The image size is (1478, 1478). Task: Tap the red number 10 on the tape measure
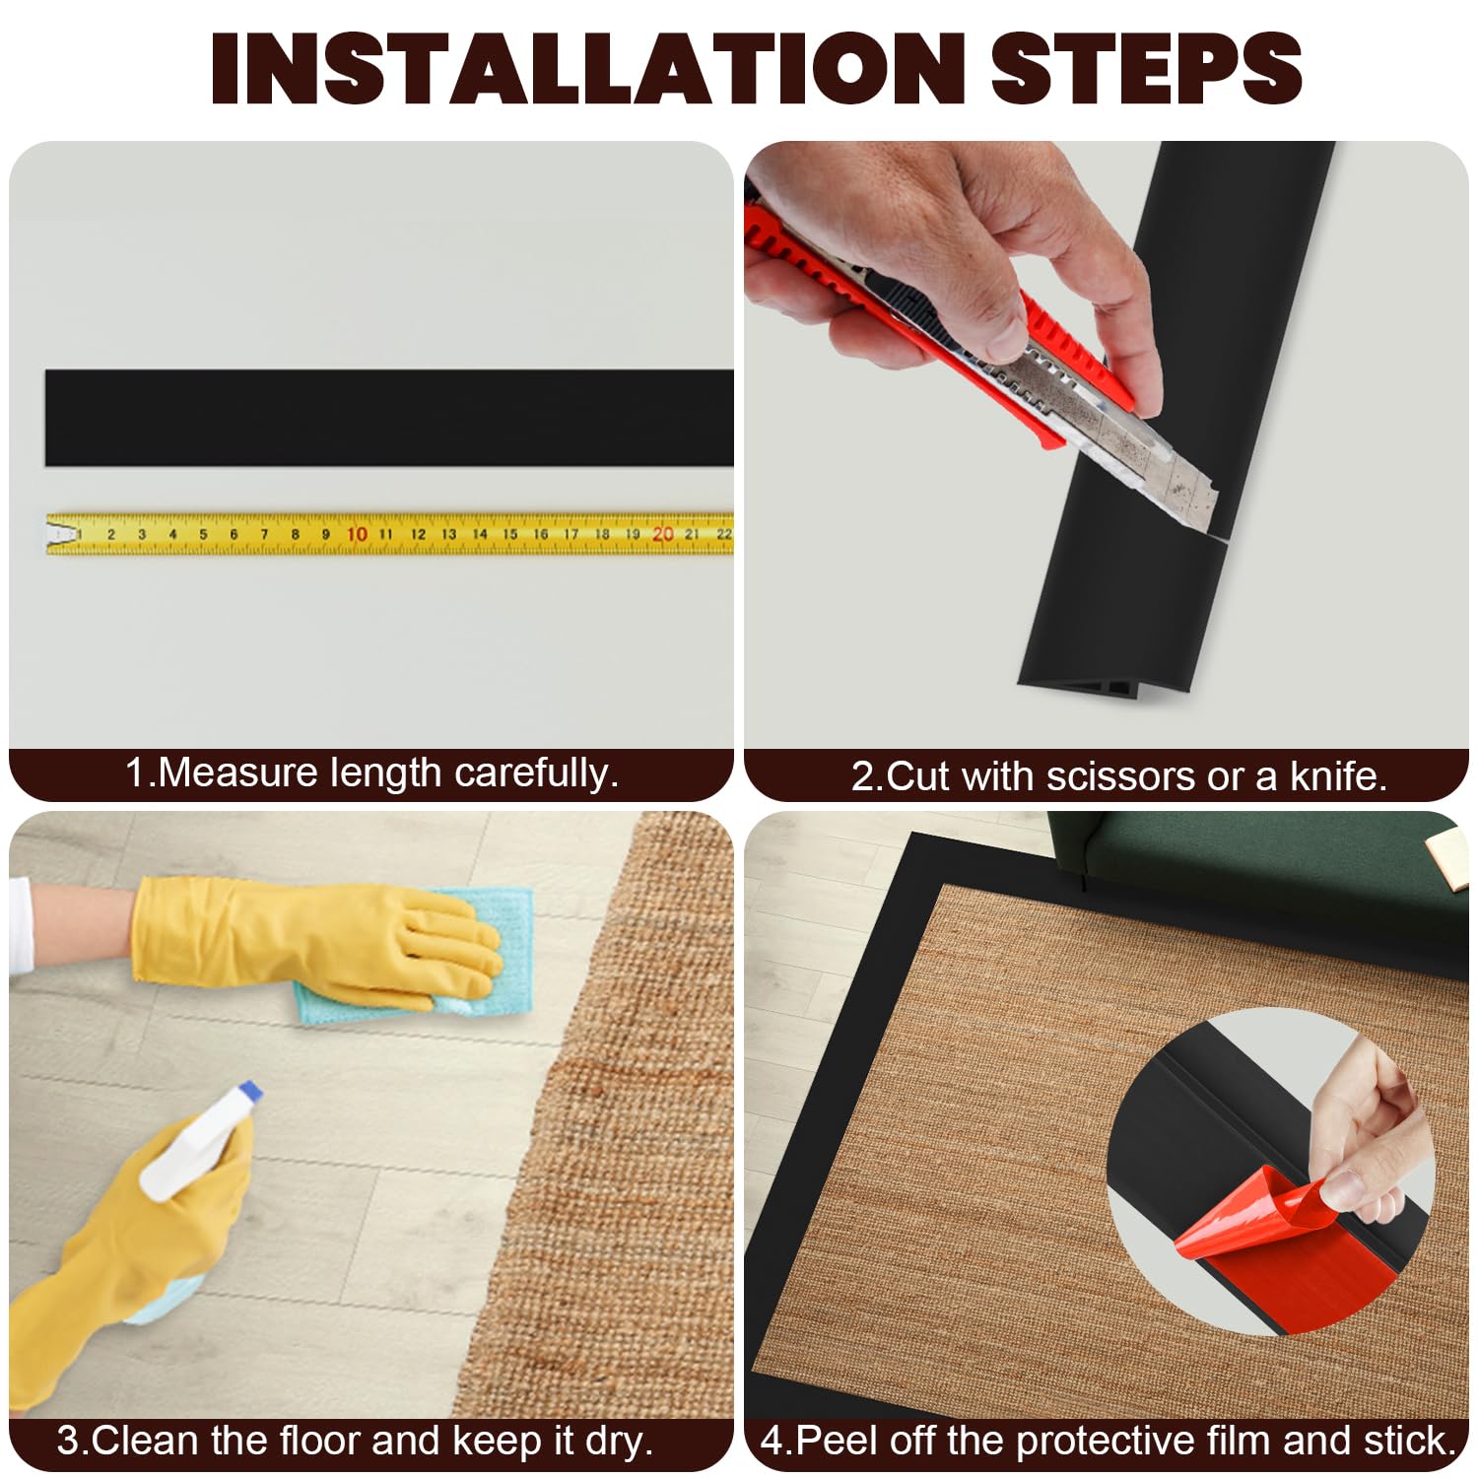pos(357,534)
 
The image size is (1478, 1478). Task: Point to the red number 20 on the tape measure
pos(663,534)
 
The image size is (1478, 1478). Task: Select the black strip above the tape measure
pos(389,418)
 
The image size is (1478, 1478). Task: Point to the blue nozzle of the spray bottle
pos(250,1091)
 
